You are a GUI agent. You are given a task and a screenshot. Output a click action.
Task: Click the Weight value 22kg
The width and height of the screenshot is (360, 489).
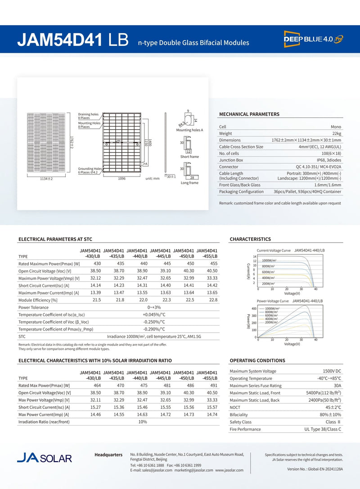point(336,133)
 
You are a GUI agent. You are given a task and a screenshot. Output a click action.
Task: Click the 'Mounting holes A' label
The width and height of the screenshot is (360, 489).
point(189,130)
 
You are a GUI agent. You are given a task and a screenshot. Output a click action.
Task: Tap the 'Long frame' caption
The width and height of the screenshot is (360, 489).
point(189,183)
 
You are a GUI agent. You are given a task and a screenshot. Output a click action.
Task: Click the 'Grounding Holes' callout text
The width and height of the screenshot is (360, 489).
point(90,168)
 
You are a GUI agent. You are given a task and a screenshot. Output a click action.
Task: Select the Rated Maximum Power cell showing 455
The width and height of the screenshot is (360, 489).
point(214,263)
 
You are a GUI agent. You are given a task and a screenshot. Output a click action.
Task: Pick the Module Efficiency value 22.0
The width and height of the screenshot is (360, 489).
point(144,300)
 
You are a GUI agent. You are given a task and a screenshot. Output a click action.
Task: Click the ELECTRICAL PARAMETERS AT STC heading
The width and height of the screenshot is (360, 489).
point(55,239)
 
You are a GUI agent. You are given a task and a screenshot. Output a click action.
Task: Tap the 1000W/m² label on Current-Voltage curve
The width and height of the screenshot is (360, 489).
point(269,260)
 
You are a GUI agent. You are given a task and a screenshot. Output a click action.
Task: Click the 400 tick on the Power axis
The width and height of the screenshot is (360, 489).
point(254,309)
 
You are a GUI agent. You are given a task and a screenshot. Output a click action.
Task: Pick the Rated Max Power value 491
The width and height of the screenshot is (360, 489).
point(214,385)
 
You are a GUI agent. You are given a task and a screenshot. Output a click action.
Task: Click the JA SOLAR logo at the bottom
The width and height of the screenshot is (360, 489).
point(44,458)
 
